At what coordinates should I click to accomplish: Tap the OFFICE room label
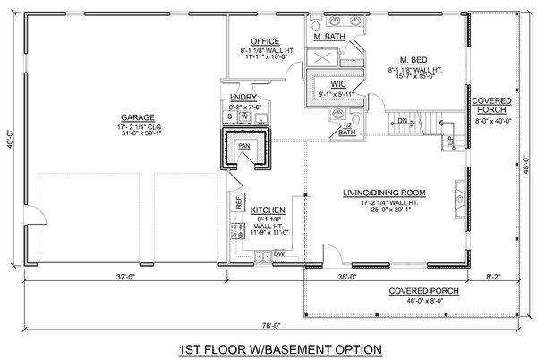tap(267, 41)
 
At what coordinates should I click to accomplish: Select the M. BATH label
tap(329, 37)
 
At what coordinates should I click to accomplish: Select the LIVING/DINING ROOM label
tap(384, 193)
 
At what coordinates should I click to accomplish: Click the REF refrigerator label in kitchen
tap(239, 203)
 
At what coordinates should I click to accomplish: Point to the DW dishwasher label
tap(278, 254)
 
